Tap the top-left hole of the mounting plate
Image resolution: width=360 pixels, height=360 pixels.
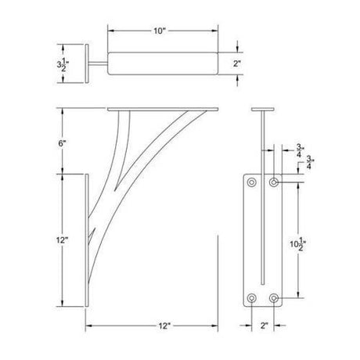252,182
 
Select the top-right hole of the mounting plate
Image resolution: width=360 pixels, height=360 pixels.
275,182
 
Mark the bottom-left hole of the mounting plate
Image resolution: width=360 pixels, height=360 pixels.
252,297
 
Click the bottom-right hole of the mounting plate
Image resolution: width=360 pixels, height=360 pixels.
275,297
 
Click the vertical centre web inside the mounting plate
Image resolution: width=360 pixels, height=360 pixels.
263,235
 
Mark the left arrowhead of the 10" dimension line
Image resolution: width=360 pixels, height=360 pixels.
110,31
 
